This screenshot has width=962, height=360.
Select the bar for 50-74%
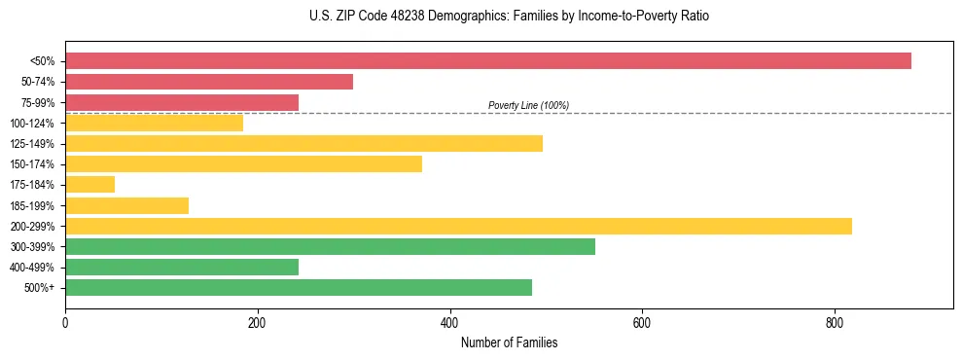209,82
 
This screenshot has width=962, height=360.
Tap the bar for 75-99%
182,102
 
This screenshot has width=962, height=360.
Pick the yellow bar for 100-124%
154,123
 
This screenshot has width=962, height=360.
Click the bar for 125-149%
303,143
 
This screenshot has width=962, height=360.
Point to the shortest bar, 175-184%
89,184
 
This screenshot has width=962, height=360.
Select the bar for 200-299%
458,226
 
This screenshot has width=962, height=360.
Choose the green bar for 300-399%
330,246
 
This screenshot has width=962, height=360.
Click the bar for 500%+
299,287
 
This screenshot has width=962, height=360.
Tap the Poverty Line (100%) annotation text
528,105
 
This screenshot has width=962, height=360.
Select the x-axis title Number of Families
509,342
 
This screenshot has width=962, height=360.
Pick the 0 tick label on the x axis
65,323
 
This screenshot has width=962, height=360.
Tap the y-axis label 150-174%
32,164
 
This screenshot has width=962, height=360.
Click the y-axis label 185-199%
32,205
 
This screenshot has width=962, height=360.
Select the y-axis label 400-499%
32,267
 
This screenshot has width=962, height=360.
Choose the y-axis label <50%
42,61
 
